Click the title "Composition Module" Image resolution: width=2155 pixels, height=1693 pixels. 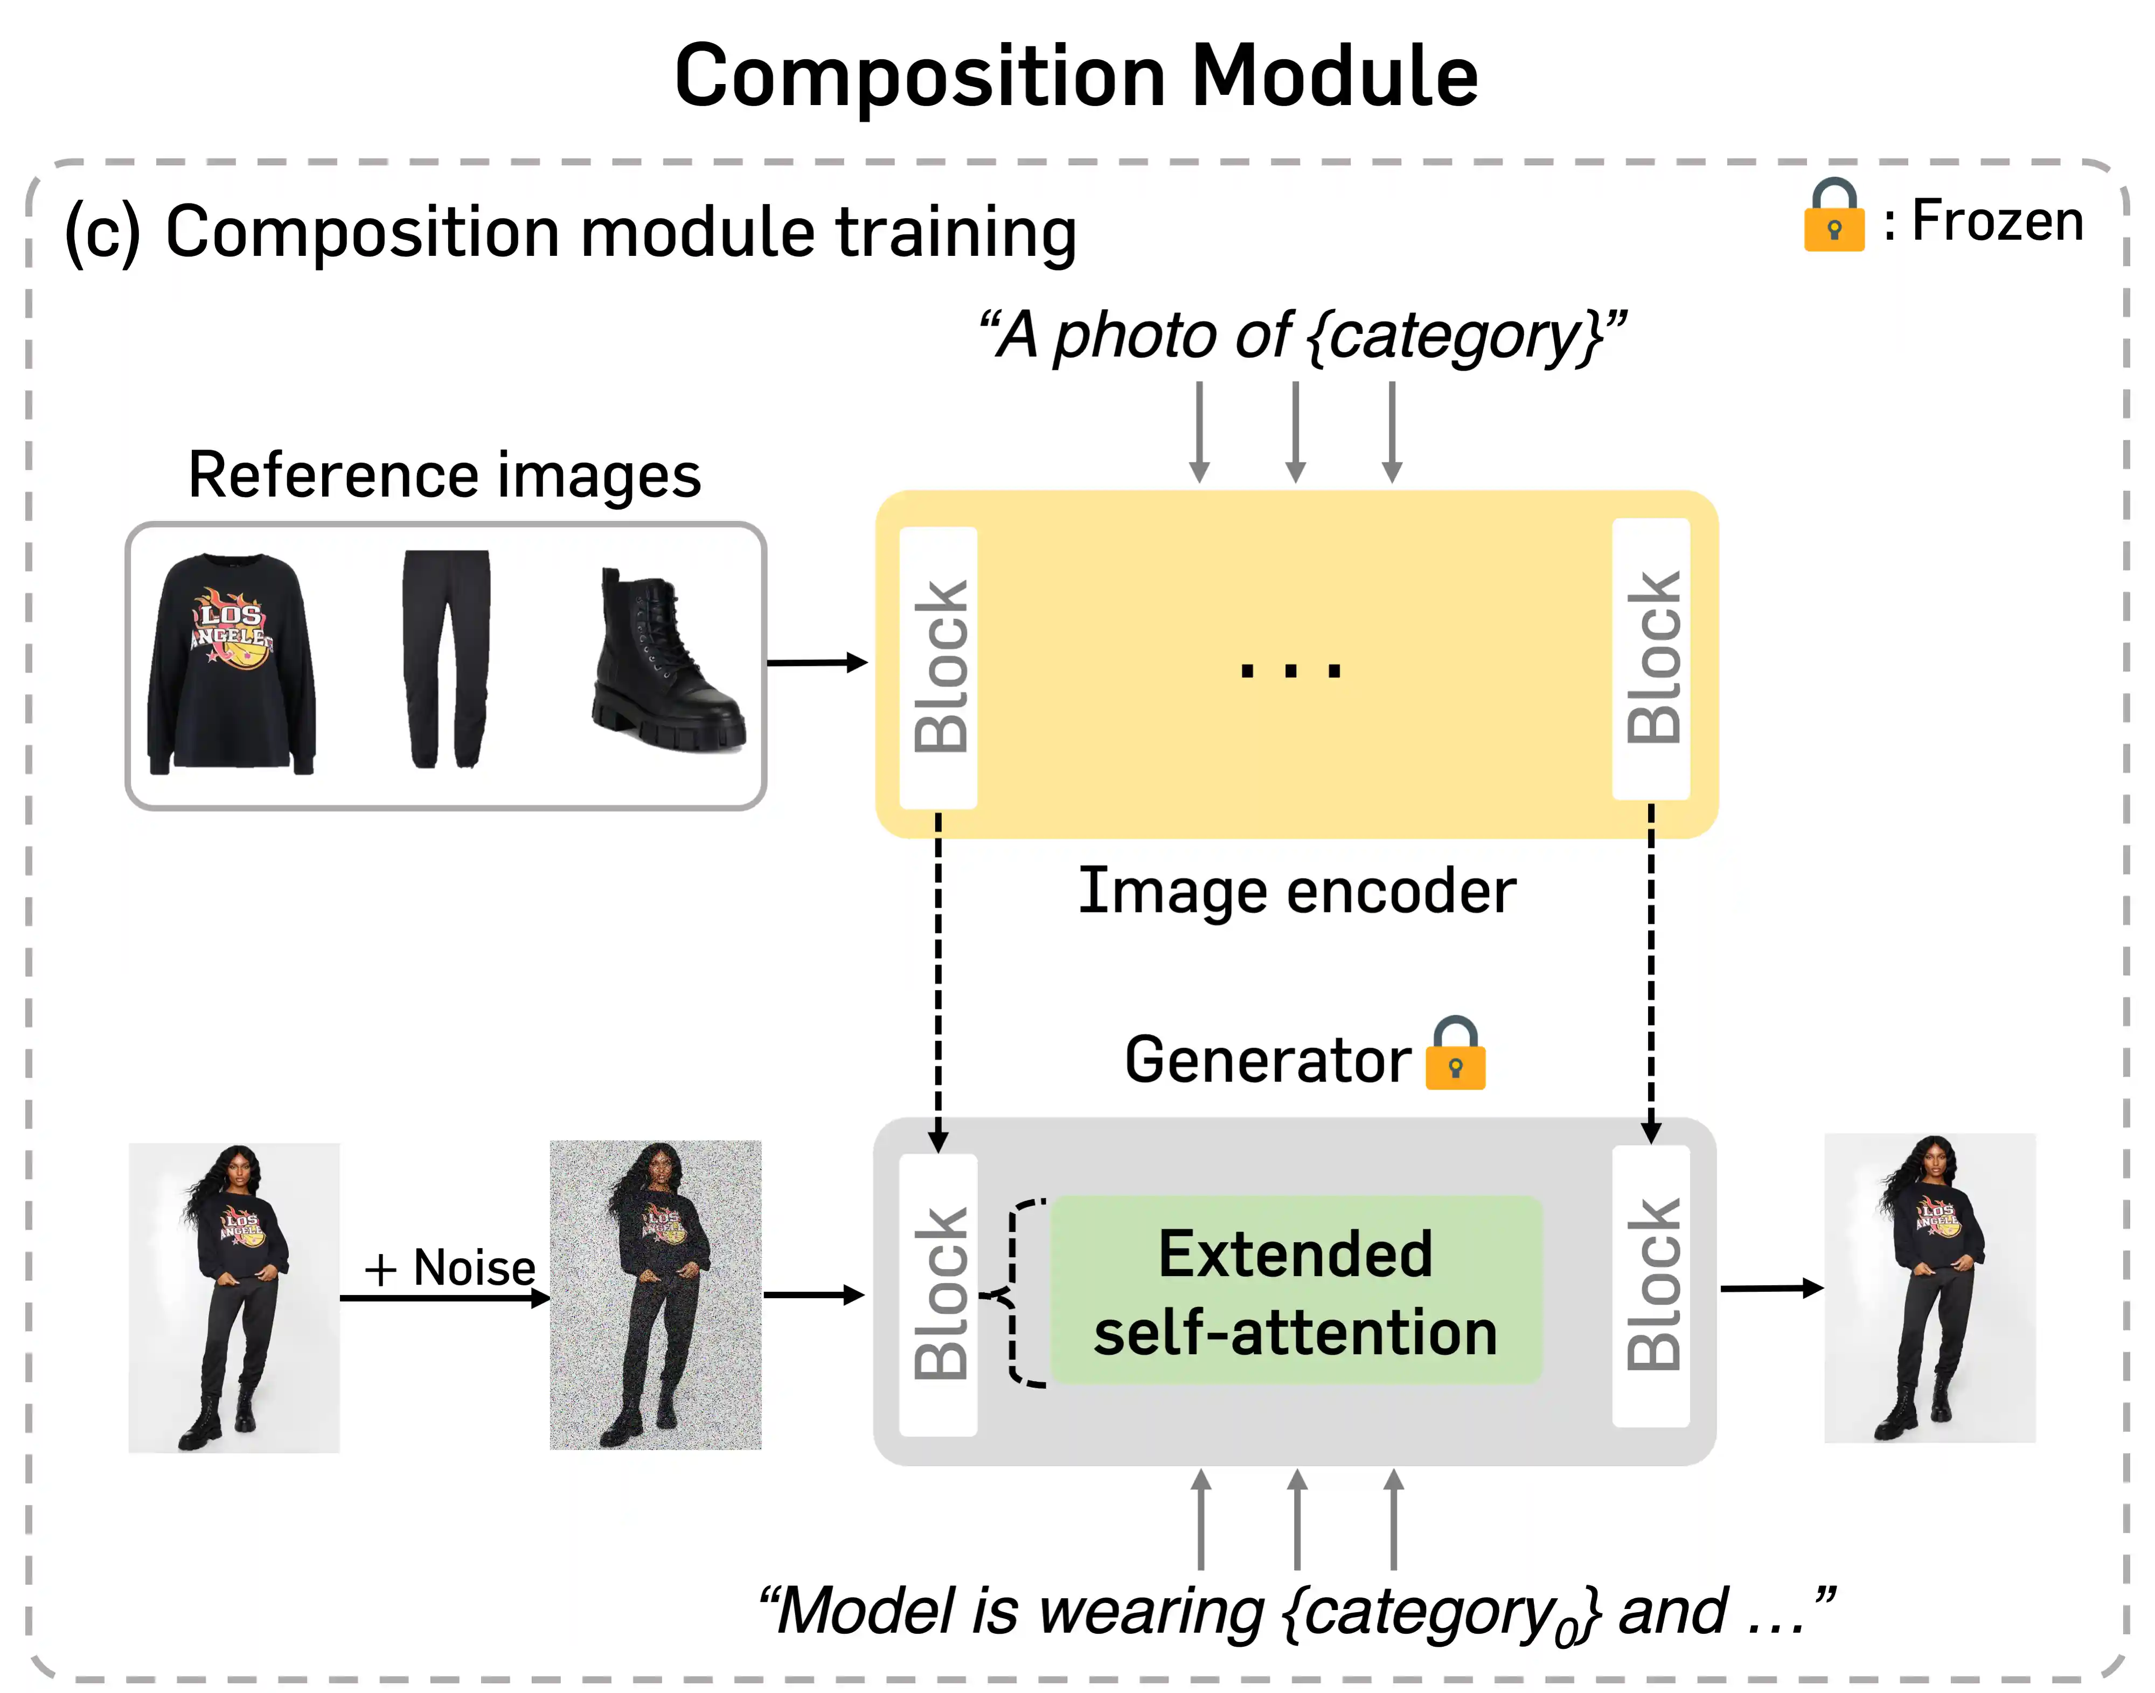(x=1075, y=78)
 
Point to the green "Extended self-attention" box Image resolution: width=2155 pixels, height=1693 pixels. (x=1296, y=1291)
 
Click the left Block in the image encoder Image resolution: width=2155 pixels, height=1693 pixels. (x=938, y=667)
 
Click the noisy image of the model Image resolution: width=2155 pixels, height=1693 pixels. (x=655, y=1294)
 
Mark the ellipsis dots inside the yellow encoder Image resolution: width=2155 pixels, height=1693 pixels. (x=1291, y=671)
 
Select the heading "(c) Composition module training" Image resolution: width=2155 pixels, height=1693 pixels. (x=570, y=233)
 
